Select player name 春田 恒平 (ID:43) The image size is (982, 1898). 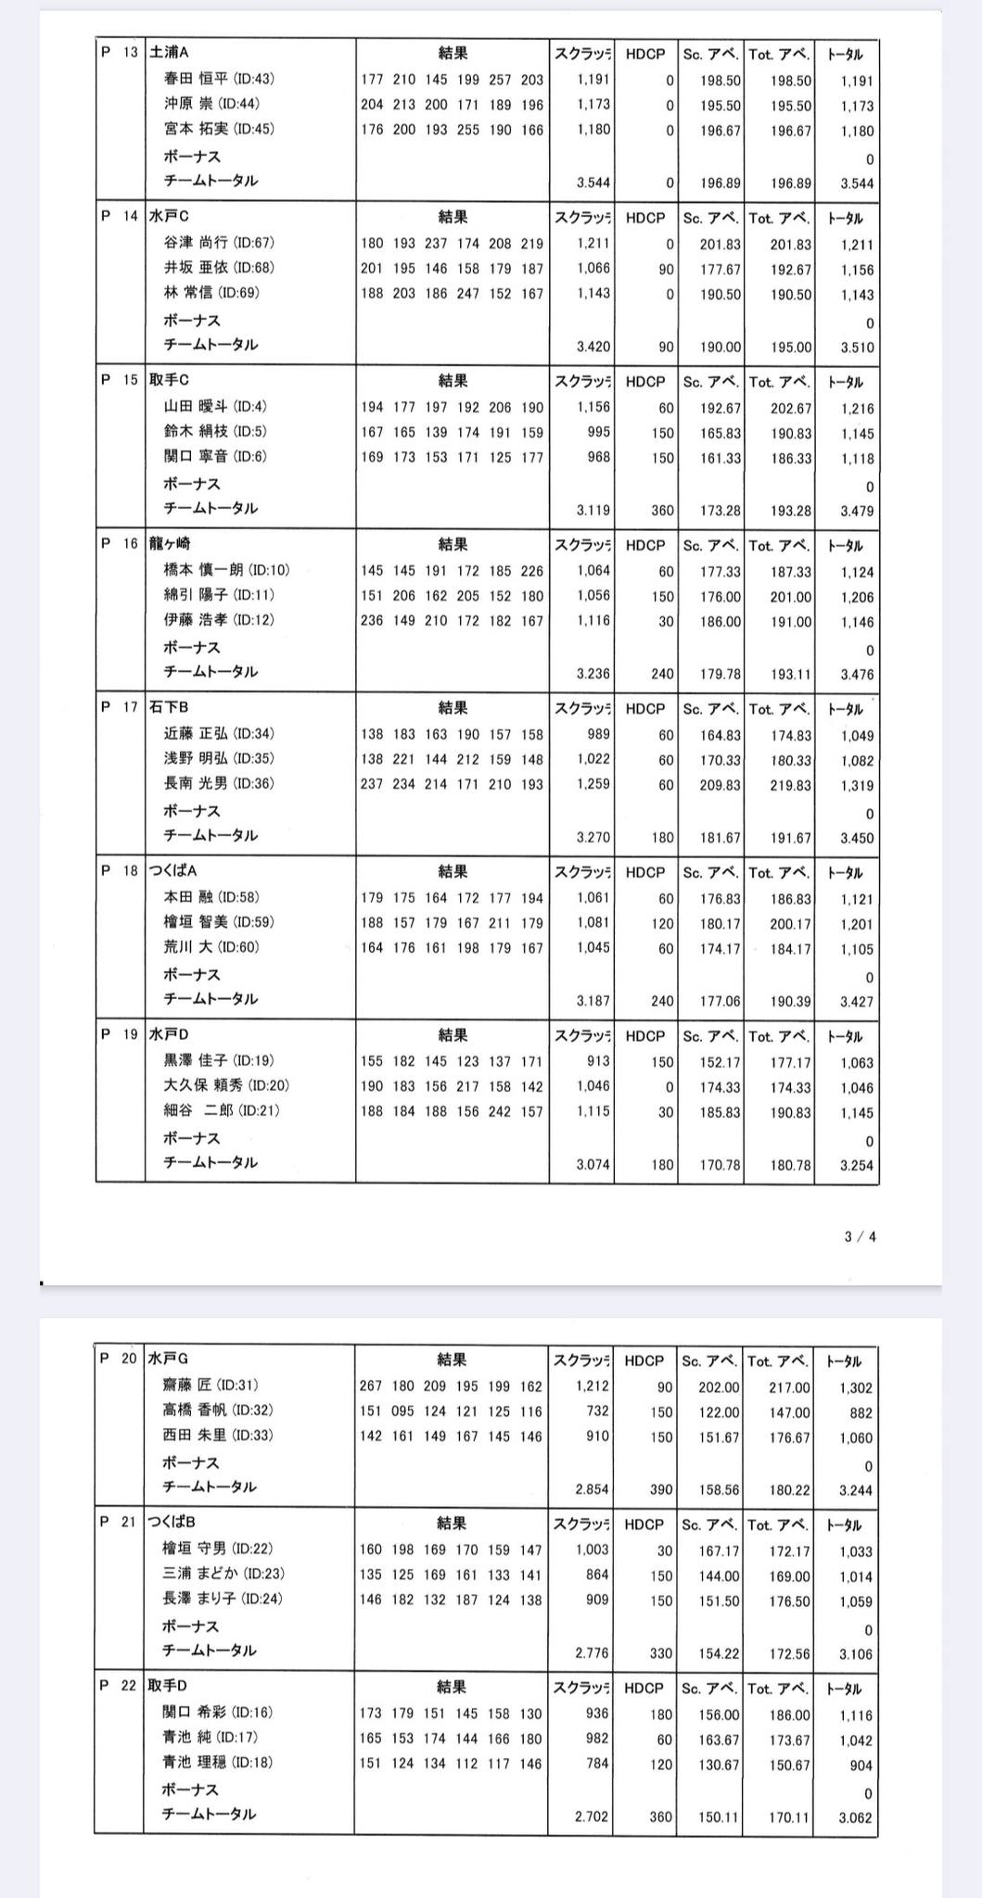219,80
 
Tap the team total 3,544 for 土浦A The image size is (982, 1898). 856,183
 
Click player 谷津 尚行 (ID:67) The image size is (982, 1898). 219,243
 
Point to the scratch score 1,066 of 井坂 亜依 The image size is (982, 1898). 593,269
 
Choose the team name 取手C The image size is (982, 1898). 169,380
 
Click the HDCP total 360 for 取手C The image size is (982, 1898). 662,511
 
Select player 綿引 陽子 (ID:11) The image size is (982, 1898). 219,595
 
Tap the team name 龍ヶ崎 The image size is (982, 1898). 170,544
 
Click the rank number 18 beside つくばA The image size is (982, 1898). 130,871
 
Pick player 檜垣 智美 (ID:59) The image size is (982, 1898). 219,922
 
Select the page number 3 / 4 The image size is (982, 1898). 860,1236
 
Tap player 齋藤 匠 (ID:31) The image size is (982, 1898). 210,1386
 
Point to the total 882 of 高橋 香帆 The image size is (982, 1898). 860,1413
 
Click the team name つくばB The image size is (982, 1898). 172,1522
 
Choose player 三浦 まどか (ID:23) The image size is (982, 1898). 223,1574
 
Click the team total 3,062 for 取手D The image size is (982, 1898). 855,1817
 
